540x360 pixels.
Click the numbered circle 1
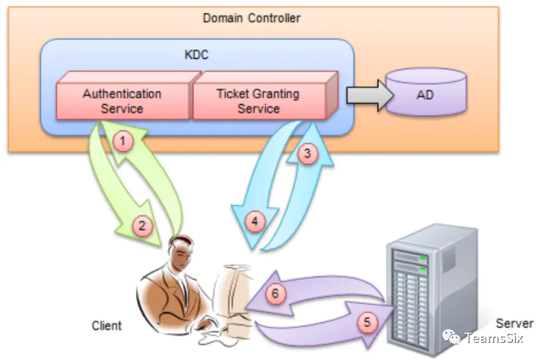[123, 141]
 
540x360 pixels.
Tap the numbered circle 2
[142, 226]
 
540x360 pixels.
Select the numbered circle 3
[307, 153]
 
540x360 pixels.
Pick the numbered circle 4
[255, 221]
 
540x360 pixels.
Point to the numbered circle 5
[367, 322]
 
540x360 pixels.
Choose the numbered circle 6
[275, 294]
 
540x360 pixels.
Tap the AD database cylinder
[426, 92]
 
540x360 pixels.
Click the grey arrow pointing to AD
[369, 95]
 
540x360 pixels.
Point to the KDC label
[197, 55]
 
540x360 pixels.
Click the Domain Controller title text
[251, 18]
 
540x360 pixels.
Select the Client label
[106, 326]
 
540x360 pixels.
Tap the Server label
[514, 323]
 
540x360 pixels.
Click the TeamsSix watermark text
[494, 338]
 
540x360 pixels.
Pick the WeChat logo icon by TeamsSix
[451, 337]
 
